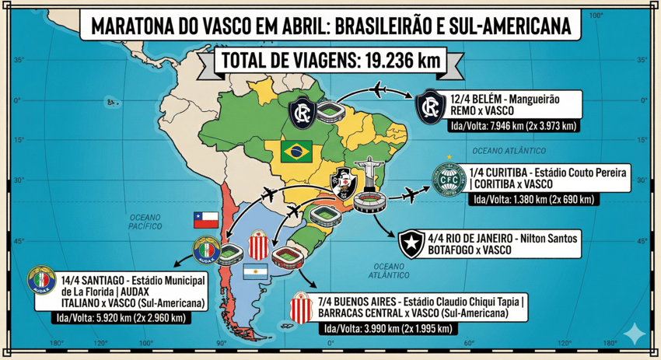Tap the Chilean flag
point(205,220)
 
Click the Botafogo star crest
point(409,244)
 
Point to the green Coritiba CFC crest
point(449,179)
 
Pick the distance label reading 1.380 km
point(534,200)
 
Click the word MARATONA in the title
point(132,25)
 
